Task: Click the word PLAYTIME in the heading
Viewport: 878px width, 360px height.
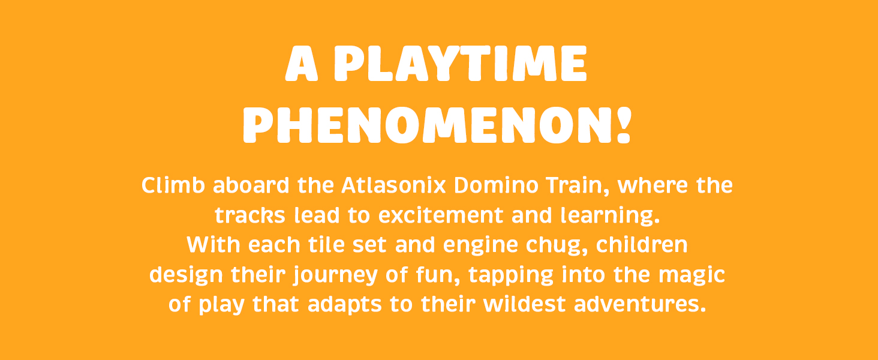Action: (x=459, y=65)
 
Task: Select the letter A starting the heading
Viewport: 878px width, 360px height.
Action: (x=301, y=65)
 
